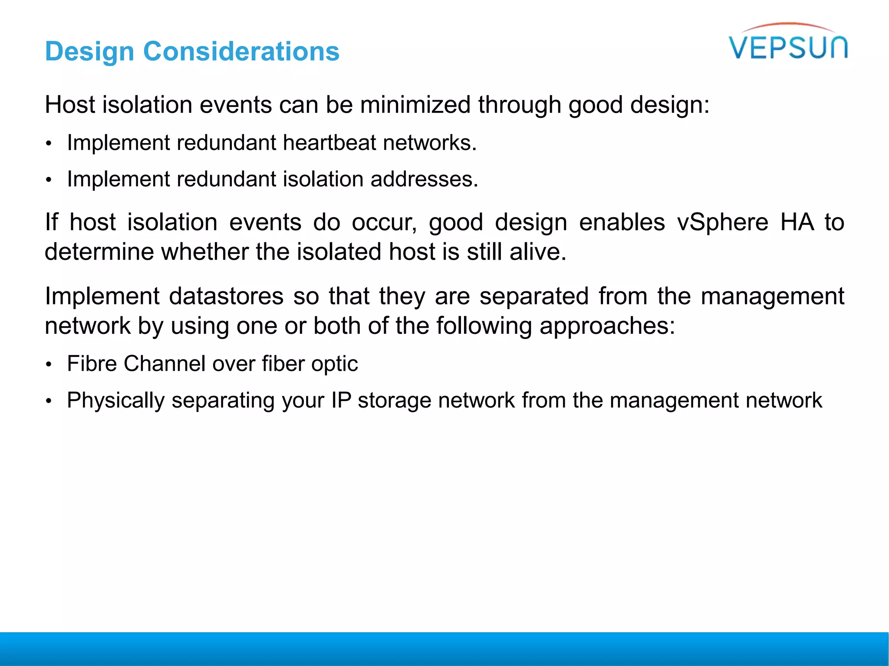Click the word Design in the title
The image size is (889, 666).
(89, 52)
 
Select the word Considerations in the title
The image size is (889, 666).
(241, 52)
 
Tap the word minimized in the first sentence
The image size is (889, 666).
(415, 105)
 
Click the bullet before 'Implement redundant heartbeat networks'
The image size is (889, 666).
(49, 144)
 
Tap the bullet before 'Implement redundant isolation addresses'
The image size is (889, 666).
(49, 180)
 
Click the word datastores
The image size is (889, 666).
(226, 297)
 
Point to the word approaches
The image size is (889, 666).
(607, 326)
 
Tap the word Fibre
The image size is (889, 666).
(92, 363)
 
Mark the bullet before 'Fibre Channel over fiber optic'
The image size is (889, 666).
(49, 365)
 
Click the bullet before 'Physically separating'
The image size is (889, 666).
(49, 401)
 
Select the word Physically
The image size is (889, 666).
(115, 401)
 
